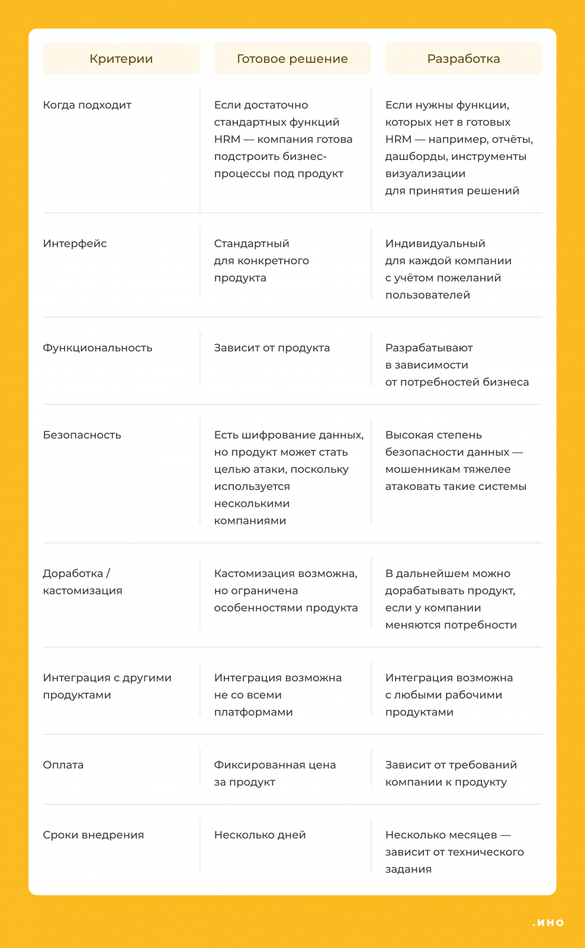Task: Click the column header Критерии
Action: [x=121, y=59]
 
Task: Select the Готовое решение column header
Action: [x=292, y=59]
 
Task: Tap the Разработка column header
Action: [x=464, y=59]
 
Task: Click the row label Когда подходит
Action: [x=87, y=105]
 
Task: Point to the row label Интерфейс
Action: [x=75, y=244]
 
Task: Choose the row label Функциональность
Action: [x=98, y=348]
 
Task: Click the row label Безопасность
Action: [x=82, y=435]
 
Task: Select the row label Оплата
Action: [x=63, y=765]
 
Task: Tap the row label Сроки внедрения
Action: [x=94, y=835]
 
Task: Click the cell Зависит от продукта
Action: [x=272, y=348]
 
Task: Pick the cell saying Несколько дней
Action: [x=260, y=835]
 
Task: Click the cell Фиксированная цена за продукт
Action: [x=275, y=773]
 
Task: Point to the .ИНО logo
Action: [x=548, y=923]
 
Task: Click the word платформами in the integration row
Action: [x=253, y=712]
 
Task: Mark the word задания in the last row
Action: [x=409, y=869]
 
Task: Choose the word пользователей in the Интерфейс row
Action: [x=427, y=295]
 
